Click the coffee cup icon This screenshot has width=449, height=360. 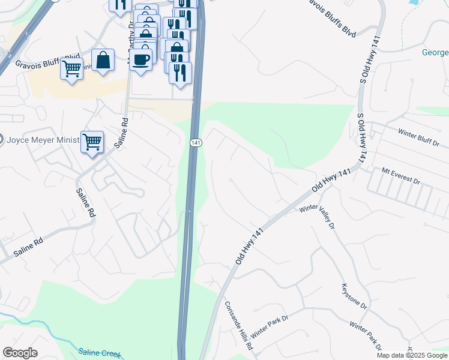(141, 60)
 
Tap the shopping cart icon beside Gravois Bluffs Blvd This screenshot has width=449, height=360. (71, 69)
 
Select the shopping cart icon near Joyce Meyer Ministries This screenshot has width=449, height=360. (92, 142)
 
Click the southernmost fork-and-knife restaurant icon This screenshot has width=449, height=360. (180, 73)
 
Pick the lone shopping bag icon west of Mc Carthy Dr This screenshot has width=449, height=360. (103, 60)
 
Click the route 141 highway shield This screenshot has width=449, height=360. (196, 143)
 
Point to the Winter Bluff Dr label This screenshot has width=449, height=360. (419, 136)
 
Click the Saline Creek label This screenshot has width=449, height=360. (99, 353)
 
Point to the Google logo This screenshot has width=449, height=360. (20, 353)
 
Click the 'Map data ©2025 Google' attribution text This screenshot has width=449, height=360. (412, 355)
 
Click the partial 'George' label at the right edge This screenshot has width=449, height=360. (435, 52)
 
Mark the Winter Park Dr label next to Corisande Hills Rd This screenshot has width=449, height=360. (269, 326)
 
